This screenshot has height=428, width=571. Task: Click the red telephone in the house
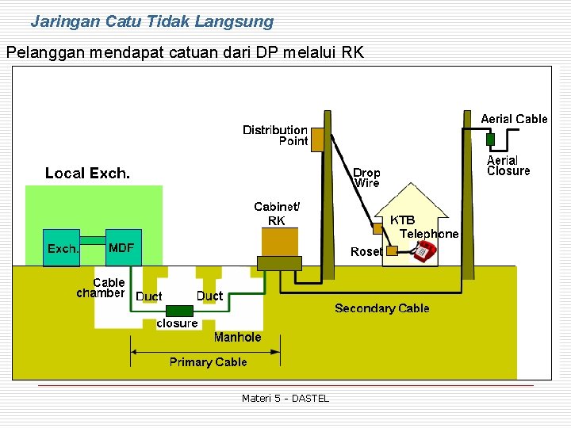pos(423,252)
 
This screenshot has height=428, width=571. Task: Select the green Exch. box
pos(63,249)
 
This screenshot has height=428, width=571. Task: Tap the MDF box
pos(121,248)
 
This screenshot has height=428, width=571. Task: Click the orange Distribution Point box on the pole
pos(317,140)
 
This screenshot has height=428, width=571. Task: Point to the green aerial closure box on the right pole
pos(490,139)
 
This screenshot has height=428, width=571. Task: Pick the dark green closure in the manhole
pos(179,311)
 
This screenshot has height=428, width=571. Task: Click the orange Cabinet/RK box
pos(280,242)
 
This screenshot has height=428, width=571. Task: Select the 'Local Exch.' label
pos(87,173)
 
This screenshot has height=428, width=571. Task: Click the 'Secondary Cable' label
pos(381,308)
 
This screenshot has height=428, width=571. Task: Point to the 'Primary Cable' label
pos(208,362)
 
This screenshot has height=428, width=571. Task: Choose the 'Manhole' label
pos(237,337)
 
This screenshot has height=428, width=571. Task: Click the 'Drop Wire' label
pos(366,178)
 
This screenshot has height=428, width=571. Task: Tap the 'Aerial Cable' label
pos(514,119)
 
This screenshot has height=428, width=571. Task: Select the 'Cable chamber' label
pos(102,288)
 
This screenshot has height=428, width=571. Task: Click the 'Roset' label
pos(366,251)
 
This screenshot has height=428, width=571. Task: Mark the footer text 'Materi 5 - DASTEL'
pos(285,398)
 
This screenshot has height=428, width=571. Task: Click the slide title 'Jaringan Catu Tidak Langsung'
pos(151,21)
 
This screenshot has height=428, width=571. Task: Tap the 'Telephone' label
pos(428,234)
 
